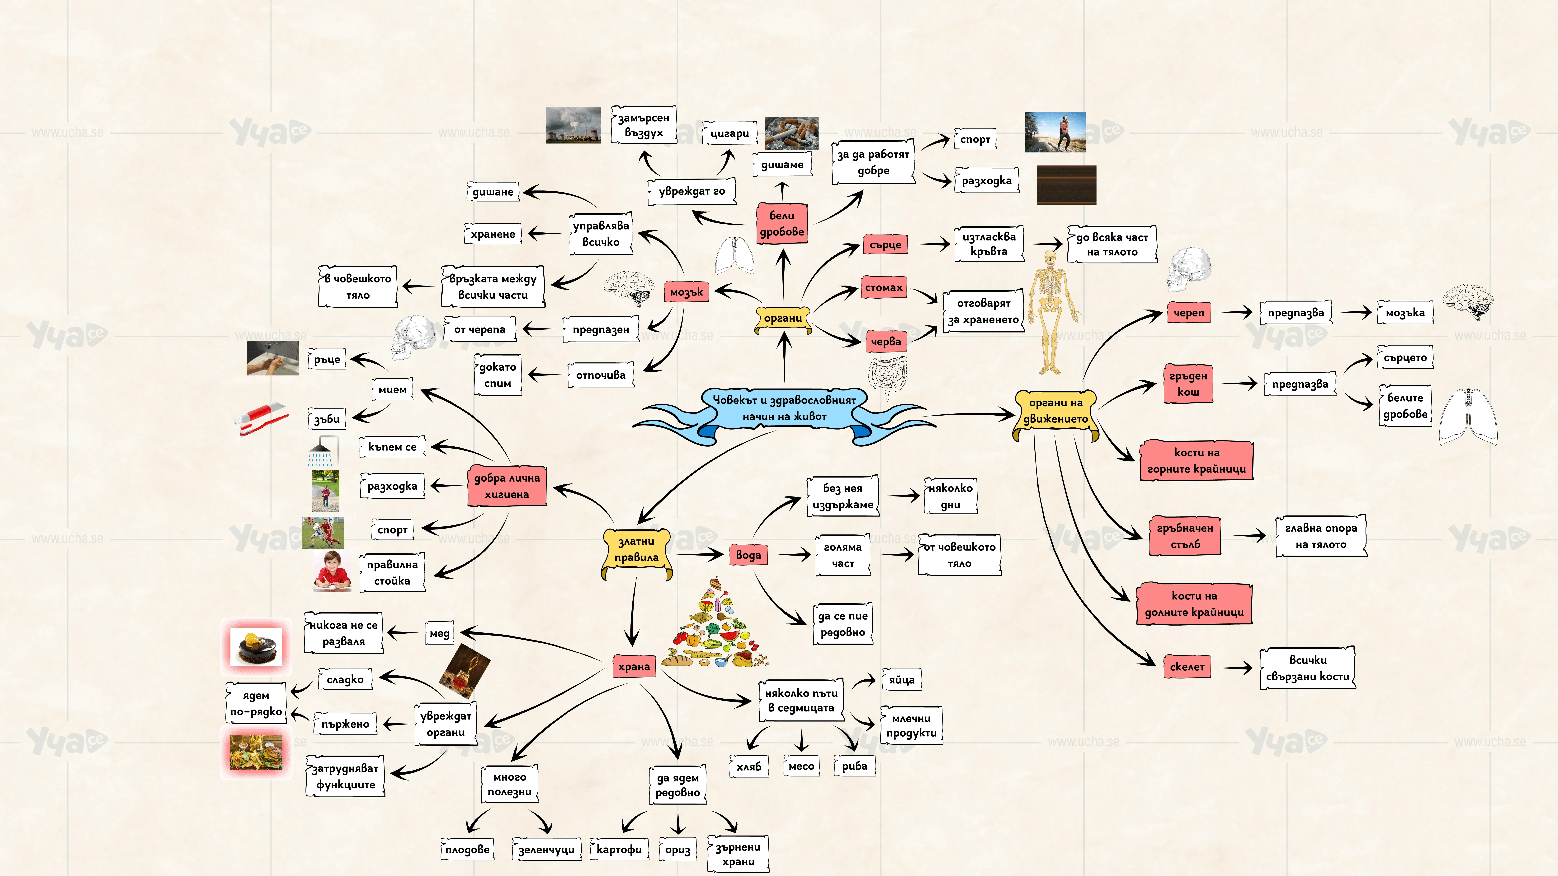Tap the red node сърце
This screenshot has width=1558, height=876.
click(x=885, y=245)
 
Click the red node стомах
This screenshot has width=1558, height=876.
click(x=884, y=288)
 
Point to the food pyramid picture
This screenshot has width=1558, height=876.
click(x=715, y=623)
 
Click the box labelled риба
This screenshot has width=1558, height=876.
click(x=855, y=766)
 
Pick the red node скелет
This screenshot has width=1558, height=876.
click(x=1187, y=667)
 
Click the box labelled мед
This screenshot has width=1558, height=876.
click(x=440, y=634)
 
